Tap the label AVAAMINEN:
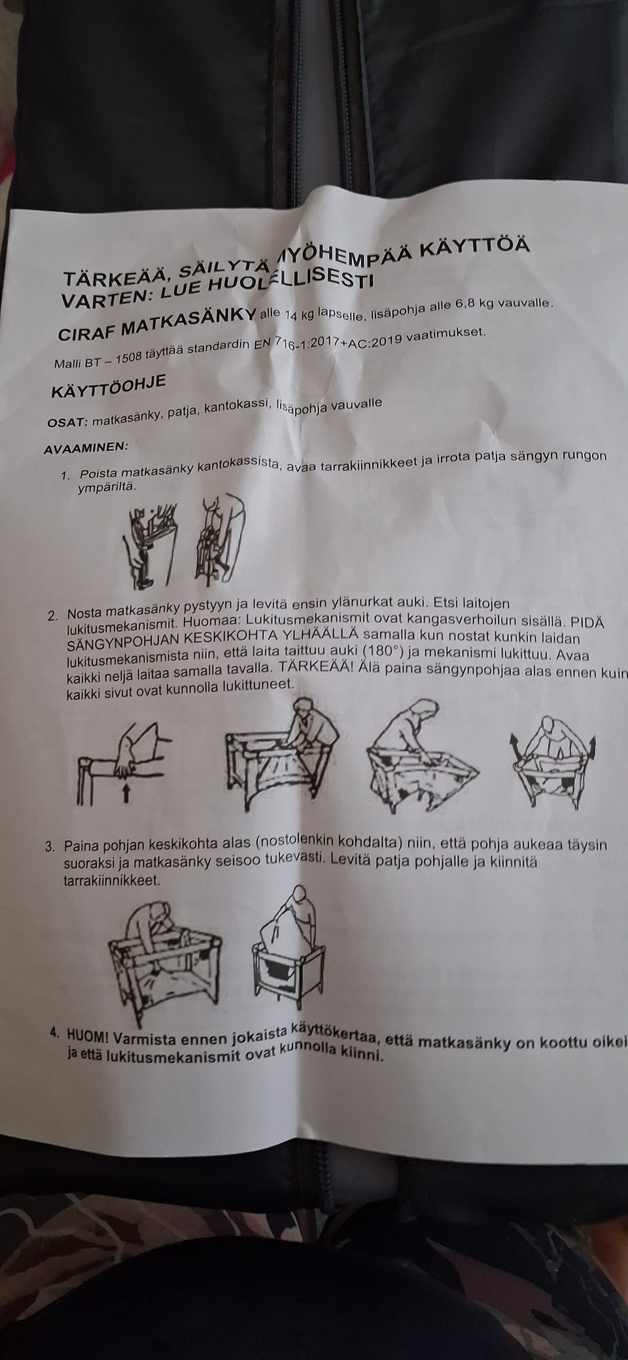click(x=86, y=449)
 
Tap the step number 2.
click(x=52, y=616)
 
